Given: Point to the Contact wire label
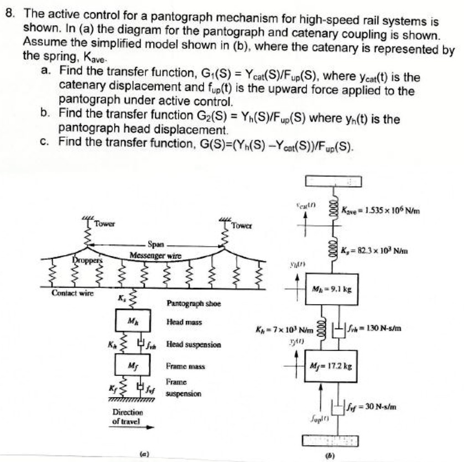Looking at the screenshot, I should [x=71, y=293].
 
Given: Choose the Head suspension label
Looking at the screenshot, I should [x=193, y=344].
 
